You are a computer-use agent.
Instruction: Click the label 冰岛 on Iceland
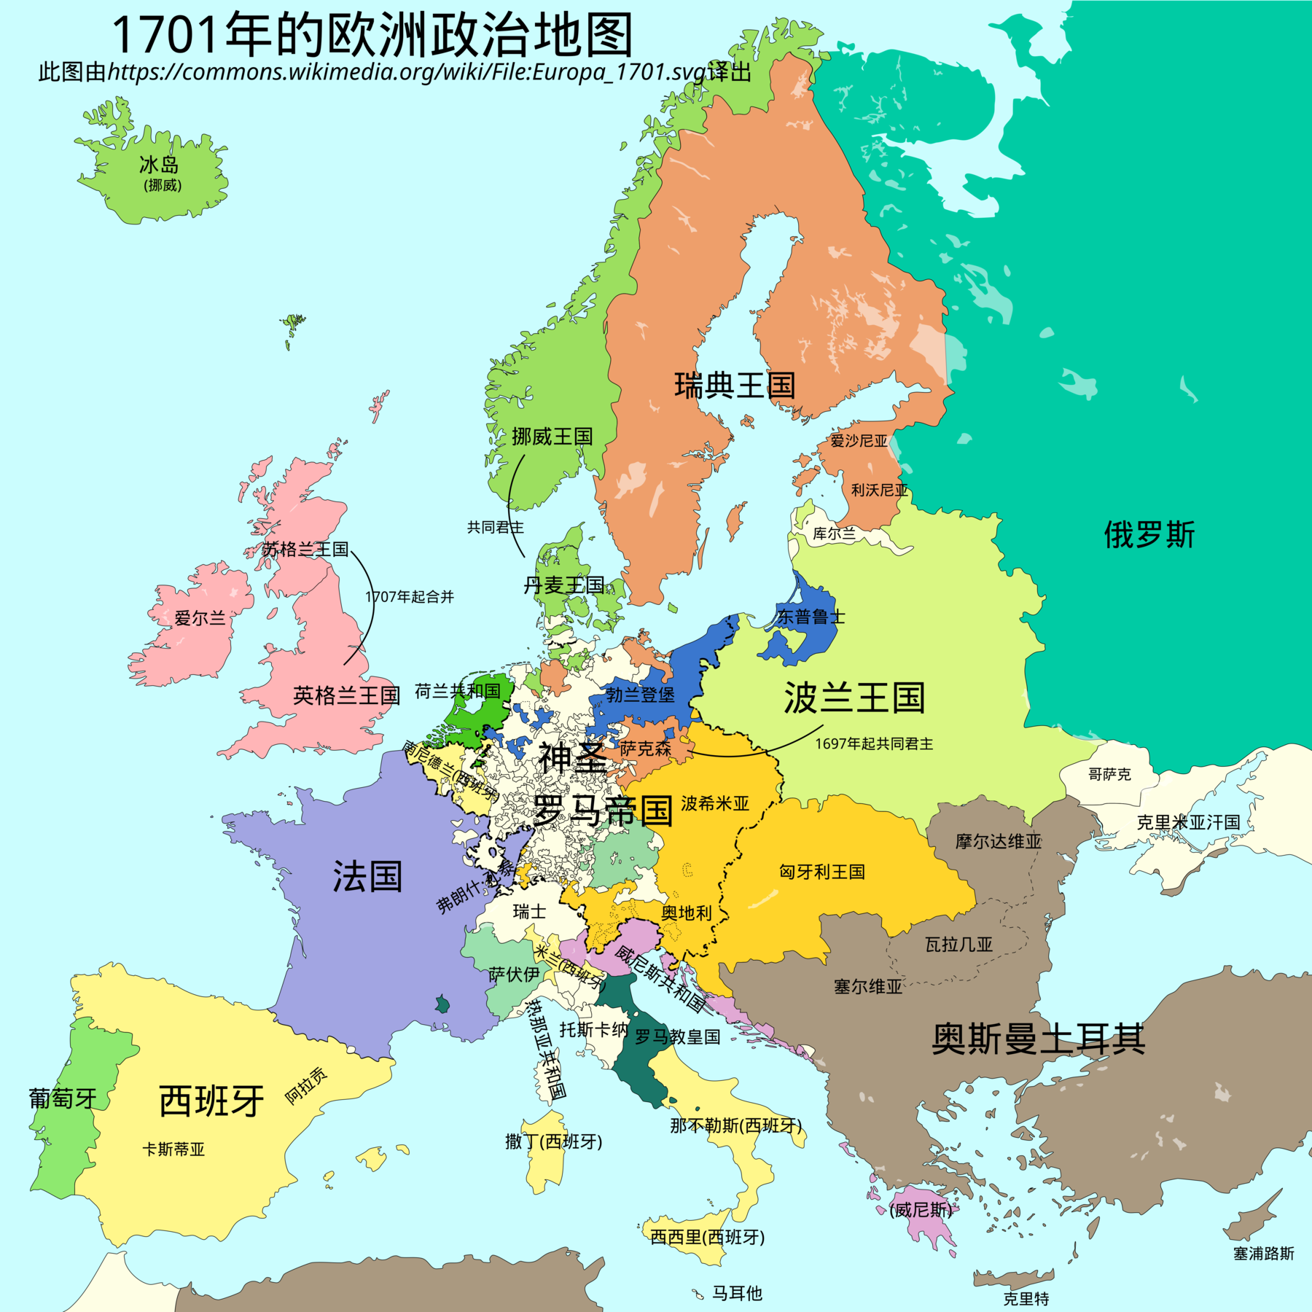pyautogui.click(x=159, y=165)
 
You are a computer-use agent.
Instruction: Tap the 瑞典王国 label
pyautogui.click(x=734, y=385)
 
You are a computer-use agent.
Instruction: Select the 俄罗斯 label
pyautogui.click(x=1149, y=534)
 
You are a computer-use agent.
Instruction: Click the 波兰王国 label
pyautogui.click(x=854, y=698)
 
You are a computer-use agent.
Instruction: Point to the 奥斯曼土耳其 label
pyautogui.click(x=1038, y=1039)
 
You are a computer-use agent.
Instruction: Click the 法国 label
pyautogui.click(x=367, y=876)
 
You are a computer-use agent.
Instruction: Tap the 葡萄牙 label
pyautogui.click(x=63, y=1098)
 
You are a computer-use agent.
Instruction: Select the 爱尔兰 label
pyautogui.click(x=200, y=618)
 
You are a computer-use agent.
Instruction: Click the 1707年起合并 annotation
pyautogui.click(x=410, y=597)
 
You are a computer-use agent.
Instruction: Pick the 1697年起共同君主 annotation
pyautogui.click(x=874, y=743)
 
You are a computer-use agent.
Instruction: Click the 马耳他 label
pyautogui.click(x=737, y=1293)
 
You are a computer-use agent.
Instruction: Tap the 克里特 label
pyautogui.click(x=1026, y=1298)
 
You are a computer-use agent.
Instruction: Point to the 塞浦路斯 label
pyautogui.click(x=1263, y=1253)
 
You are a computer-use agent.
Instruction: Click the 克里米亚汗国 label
pyautogui.click(x=1188, y=822)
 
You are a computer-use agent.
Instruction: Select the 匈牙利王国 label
pyautogui.click(x=822, y=872)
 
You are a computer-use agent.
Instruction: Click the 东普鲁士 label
pyautogui.click(x=811, y=617)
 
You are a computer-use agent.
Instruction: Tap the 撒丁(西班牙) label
pyautogui.click(x=554, y=1141)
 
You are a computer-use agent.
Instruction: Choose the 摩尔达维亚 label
pyautogui.click(x=999, y=841)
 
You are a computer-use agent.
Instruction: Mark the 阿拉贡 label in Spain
pyautogui.click(x=306, y=1085)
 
